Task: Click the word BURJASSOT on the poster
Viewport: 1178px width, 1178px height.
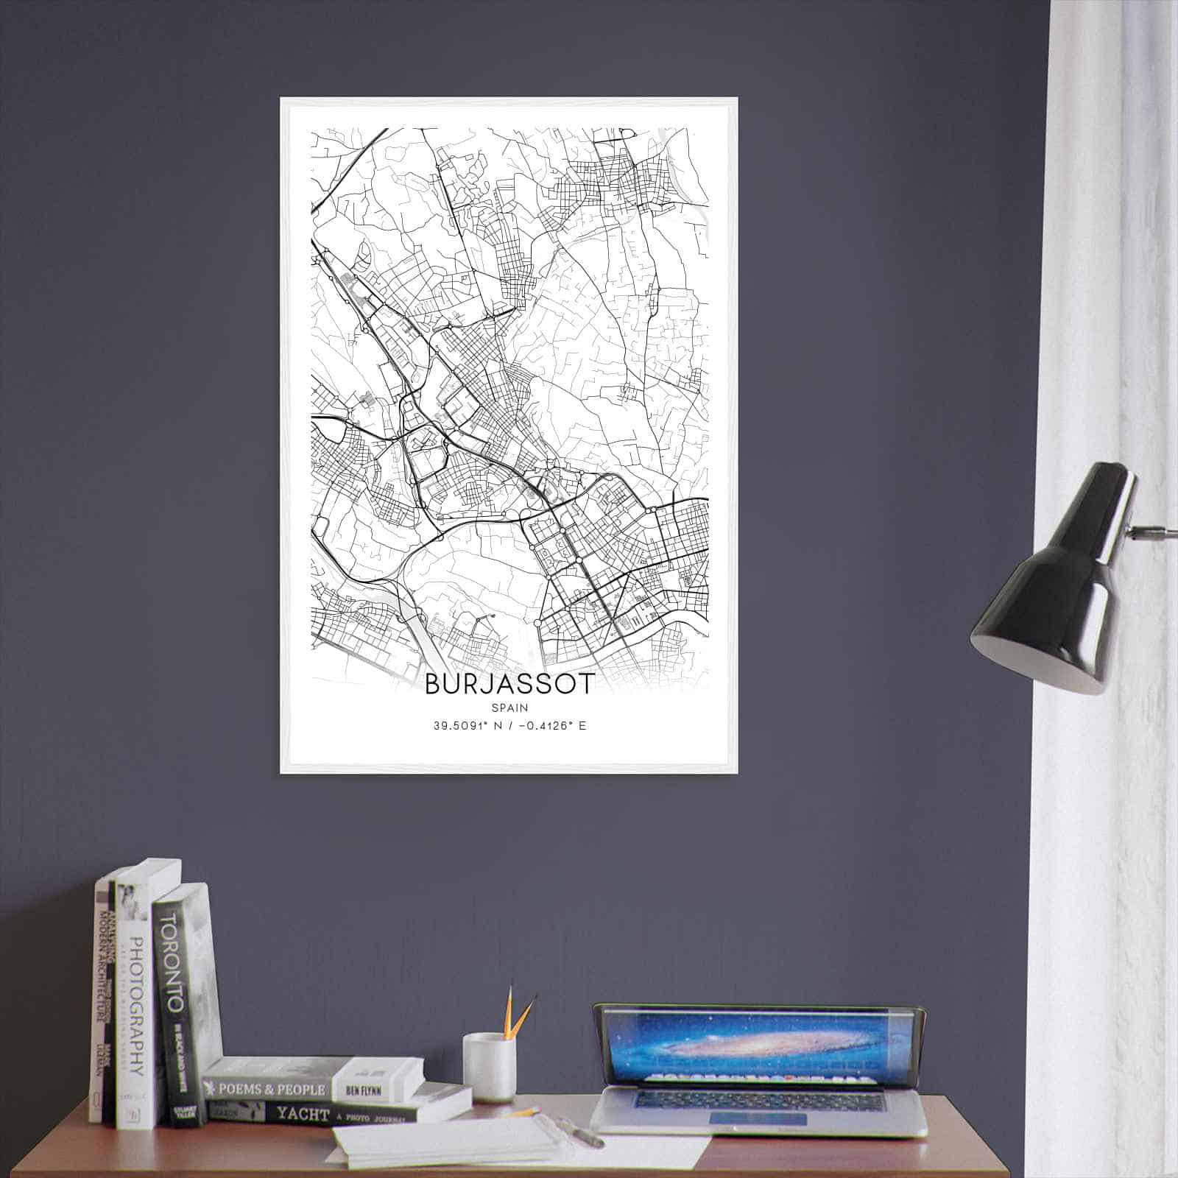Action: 508,684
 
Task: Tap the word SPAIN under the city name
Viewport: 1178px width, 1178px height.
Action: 508,708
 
